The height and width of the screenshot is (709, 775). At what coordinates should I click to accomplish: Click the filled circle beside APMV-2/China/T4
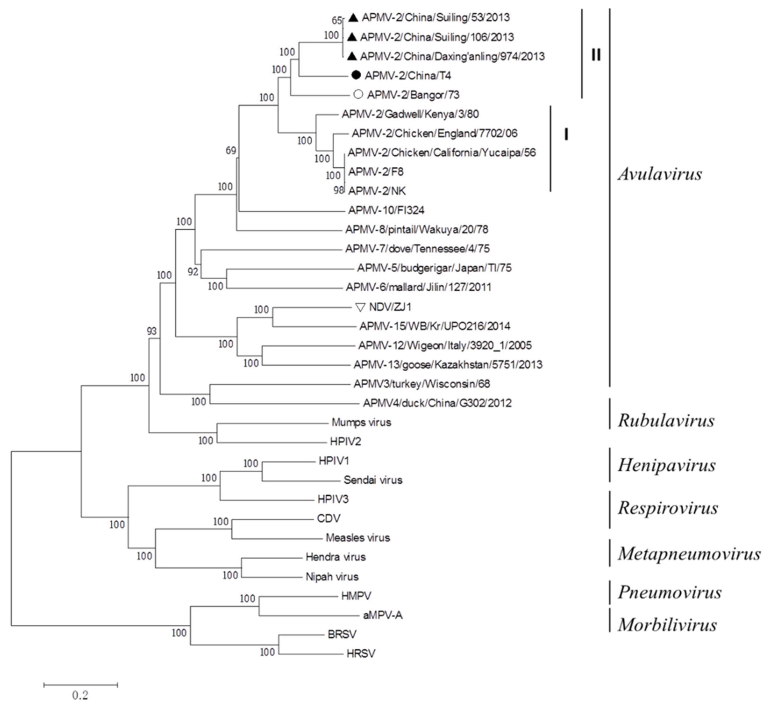[x=356, y=75]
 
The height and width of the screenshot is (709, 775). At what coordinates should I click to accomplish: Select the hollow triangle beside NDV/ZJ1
[x=360, y=307]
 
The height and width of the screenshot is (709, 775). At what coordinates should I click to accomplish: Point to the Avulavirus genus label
[x=660, y=174]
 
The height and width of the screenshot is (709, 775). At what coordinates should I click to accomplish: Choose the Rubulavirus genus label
[x=666, y=420]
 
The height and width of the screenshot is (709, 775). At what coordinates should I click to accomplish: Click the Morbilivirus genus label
[x=667, y=625]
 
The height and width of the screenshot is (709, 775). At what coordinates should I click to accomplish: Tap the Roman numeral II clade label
[x=596, y=55]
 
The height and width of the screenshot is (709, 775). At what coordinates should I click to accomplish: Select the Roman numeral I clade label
[x=566, y=134]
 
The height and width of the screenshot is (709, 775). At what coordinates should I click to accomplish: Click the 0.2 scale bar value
[x=80, y=695]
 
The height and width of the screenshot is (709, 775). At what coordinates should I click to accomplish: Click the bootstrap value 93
[x=152, y=331]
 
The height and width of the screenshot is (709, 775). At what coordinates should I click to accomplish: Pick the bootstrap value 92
[x=193, y=272]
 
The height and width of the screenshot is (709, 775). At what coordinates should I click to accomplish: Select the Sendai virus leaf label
[x=373, y=480]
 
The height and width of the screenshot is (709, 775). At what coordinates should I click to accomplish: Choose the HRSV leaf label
[x=361, y=653]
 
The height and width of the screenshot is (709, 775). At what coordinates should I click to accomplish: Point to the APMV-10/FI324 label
[x=386, y=210]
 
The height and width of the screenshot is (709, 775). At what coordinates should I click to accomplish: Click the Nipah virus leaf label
[x=332, y=577]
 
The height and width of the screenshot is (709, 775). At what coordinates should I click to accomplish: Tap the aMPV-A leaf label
[x=383, y=615]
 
